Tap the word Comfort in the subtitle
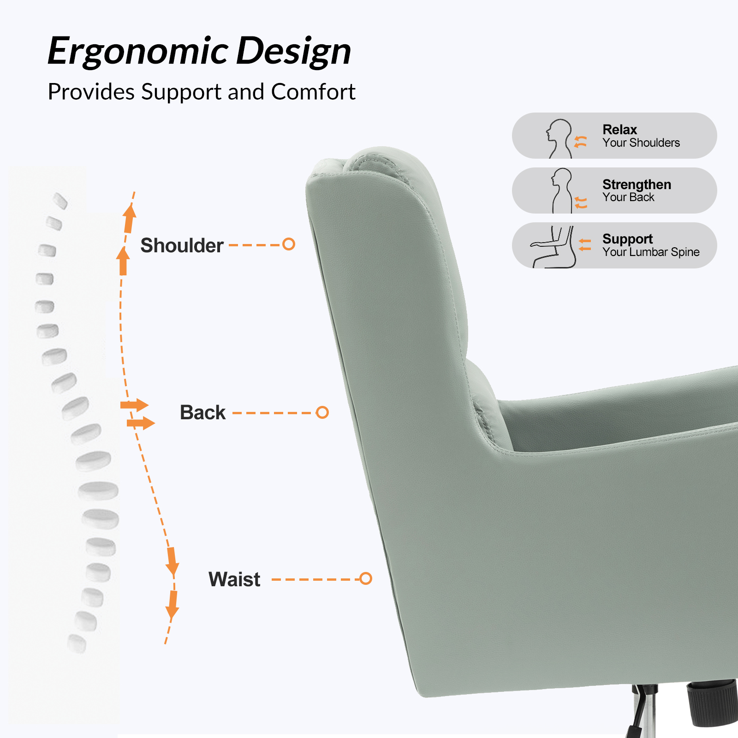click(313, 92)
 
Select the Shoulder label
click(182, 245)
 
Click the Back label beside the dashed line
click(202, 412)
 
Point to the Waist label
click(234, 579)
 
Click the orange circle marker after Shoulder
click(289, 244)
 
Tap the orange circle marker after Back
click(322, 412)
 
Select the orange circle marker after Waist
click(366, 578)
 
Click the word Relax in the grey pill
click(619, 130)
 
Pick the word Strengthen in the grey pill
click(637, 184)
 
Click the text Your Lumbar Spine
click(651, 252)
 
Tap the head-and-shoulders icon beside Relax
click(559, 138)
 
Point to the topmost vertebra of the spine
click(60, 201)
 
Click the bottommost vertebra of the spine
click(77, 644)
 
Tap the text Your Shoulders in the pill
click(641, 143)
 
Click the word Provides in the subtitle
click(91, 92)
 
